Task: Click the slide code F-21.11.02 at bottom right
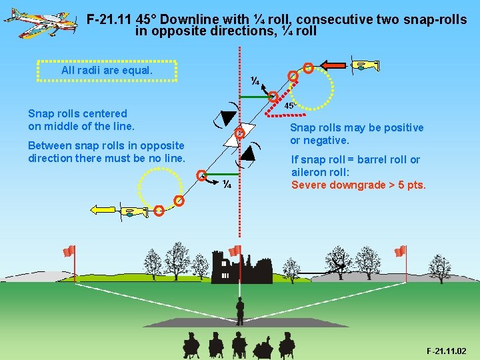(446, 351)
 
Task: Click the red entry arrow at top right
(333, 65)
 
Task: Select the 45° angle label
(290, 105)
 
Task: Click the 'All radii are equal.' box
(107, 70)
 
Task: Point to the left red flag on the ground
(69, 251)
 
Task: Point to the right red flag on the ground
(400, 251)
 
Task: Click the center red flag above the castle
(235, 251)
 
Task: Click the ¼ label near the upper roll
(255, 81)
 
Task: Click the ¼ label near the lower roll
(227, 184)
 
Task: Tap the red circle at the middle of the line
(241, 133)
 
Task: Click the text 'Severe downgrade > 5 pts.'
(358, 185)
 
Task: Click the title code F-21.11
(109, 19)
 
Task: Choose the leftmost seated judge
(191, 344)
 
